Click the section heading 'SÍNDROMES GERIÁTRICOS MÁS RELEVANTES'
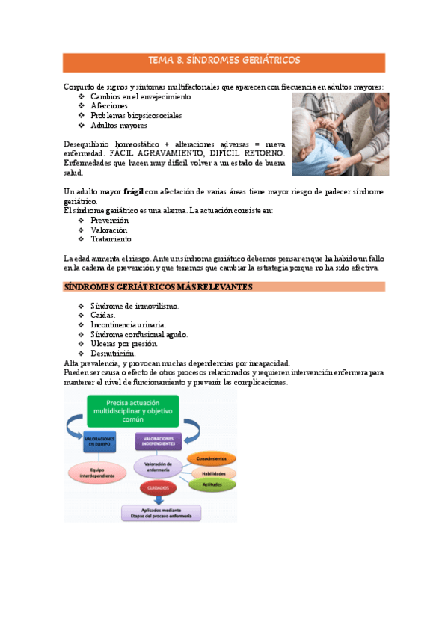point(158,287)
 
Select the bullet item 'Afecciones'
point(109,106)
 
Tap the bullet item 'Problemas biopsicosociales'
point(136,116)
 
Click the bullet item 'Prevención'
point(109,221)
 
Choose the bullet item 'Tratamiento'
point(111,239)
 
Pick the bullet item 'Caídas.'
point(103,316)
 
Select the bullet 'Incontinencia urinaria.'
point(128,325)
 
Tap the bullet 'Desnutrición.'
point(113,353)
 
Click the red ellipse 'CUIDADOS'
point(157,488)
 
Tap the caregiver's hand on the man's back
point(358,127)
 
